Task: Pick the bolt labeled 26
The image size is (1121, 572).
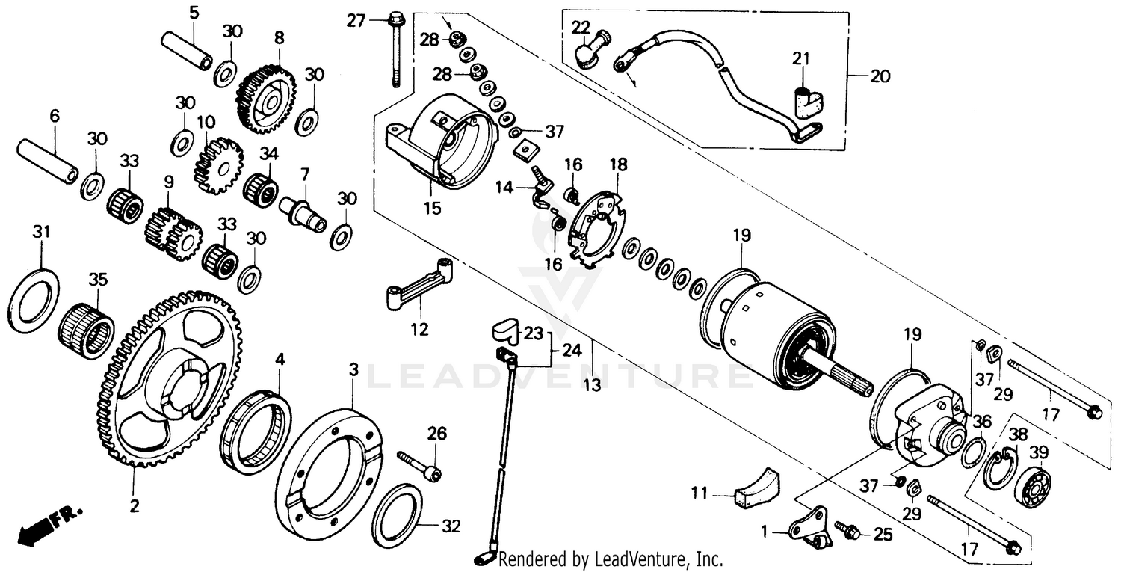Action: click(x=419, y=464)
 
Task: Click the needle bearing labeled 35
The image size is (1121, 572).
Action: click(x=86, y=329)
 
